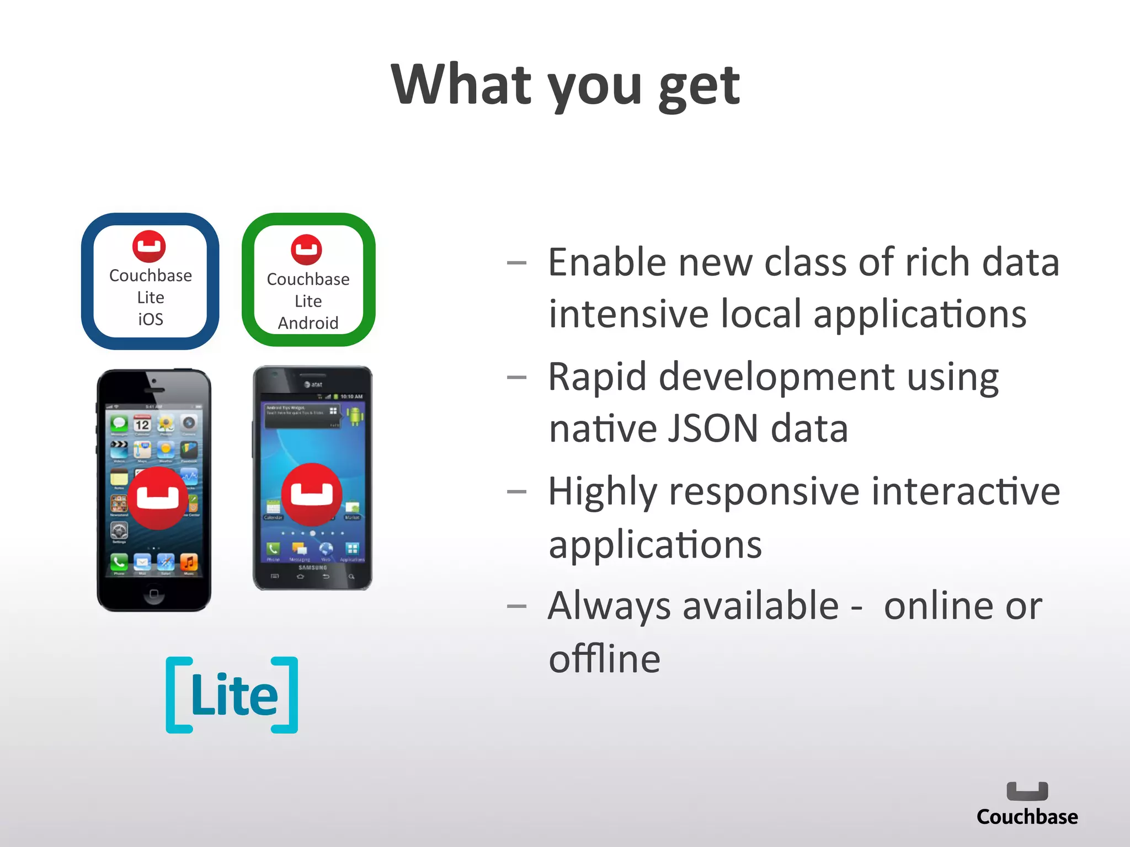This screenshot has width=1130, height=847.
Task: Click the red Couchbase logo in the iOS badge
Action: click(x=149, y=246)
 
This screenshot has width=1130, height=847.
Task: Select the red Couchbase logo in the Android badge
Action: click(x=307, y=250)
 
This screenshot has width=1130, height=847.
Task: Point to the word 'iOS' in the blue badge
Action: click(x=151, y=319)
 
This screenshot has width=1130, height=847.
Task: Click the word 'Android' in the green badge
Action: click(x=308, y=323)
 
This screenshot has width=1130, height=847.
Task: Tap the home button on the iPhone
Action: click(x=154, y=594)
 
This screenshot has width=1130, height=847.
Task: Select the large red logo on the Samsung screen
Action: click(x=312, y=494)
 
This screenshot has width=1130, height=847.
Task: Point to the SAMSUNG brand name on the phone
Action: click(x=312, y=567)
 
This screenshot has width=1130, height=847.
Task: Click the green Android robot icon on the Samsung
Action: click(x=355, y=415)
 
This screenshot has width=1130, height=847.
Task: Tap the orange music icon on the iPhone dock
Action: click(x=188, y=562)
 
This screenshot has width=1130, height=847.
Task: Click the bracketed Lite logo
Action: click(x=232, y=695)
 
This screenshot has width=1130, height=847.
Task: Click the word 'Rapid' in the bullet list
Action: click(x=597, y=378)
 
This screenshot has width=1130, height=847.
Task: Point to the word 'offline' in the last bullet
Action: click(x=604, y=659)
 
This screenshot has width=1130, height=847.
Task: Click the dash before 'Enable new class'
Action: click(x=516, y=263)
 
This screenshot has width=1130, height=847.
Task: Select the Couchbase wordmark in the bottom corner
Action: click(x=1027, y=817)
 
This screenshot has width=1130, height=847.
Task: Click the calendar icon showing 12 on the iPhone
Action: click(x=142, y=424)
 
